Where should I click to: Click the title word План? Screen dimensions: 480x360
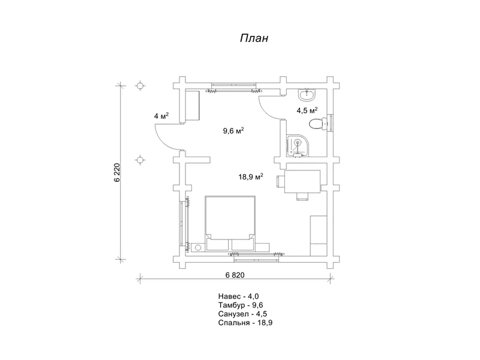(x=254, y=38)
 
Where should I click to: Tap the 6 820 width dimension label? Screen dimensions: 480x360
(x=235, y=275)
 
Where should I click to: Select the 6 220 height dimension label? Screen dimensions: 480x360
(x=118, y=173)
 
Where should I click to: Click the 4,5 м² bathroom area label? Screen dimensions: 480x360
(x=307, y=110)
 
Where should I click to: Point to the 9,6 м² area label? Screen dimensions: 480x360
(x=233, y=131)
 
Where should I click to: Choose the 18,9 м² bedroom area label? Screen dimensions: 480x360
(x=251, y=176)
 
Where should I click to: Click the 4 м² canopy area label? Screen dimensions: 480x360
(x=161, y=116)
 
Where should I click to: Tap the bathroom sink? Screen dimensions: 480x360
(x=307, y=95)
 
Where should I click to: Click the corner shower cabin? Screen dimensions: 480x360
(x=298, y=146)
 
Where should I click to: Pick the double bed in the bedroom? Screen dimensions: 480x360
(x=230, y=223)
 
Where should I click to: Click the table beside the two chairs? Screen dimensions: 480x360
(x=302, y=182)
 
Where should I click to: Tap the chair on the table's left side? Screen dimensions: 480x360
(x=280, y=181)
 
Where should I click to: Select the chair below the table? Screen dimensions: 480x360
(x=302, y=197)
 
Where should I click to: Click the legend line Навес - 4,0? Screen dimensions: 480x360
(x=238, y=296)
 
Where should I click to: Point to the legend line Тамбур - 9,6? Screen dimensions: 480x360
(x=241, y=305)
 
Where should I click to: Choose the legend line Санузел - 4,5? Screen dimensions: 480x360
(x=243, y=314)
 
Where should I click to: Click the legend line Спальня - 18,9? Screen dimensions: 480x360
(x=245, y=323)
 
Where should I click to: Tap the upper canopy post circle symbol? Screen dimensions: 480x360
(x=140, y=86)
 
